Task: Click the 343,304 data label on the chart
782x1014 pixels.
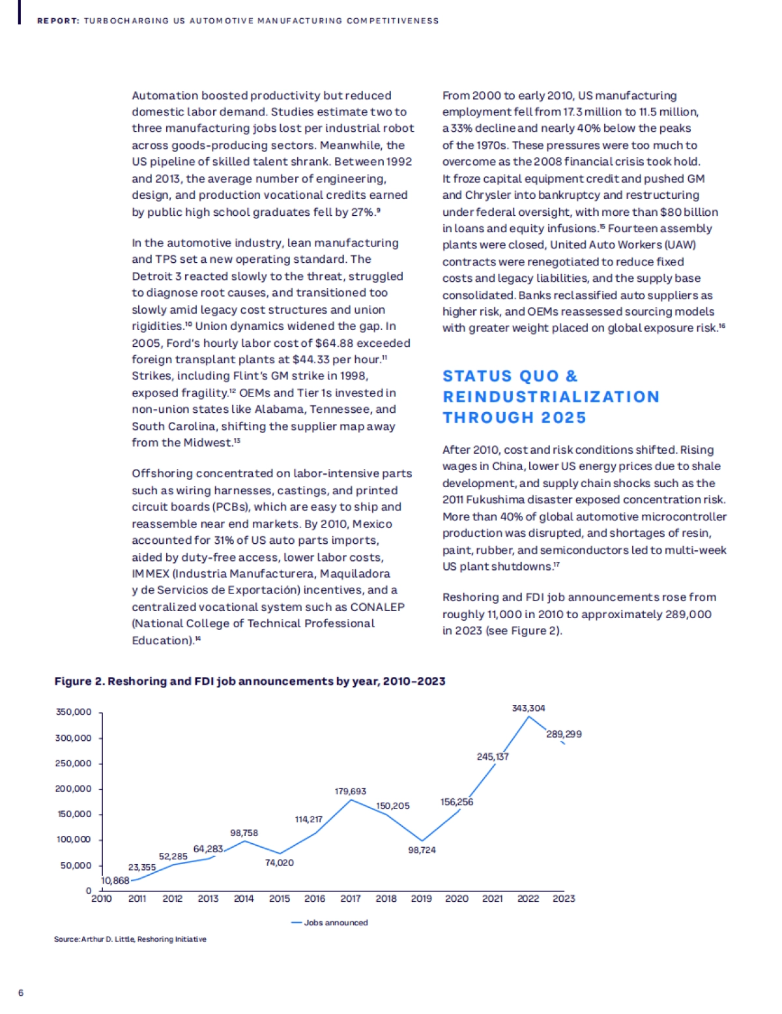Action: point(529,708)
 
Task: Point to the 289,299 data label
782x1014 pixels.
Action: point(564,734)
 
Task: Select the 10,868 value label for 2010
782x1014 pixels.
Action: point(115,881)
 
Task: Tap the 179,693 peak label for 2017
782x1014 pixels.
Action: point(351,792)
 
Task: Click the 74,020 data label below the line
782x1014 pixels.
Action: point(280,863)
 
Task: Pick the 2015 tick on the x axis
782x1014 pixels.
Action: point(280,899)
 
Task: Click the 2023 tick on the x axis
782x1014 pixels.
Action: point(564,899)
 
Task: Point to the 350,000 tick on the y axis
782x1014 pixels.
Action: point(74,712)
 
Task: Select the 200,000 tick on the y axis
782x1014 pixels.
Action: point(74,789)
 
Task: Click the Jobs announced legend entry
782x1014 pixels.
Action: point(336,923)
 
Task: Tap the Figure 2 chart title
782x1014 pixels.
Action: point(250,681)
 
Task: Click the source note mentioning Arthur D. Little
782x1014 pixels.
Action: point(130,940)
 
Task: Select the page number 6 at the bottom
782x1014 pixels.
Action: point(21,993)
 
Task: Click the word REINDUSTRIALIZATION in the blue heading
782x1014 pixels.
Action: point(551,397)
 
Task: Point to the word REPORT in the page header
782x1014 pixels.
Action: point(58,21)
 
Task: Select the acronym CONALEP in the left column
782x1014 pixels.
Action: point(377,607)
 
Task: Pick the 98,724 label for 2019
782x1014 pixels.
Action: point(422,850)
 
